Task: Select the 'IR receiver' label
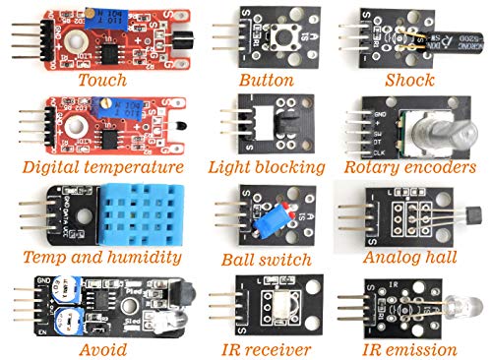[x=266, y=348]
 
